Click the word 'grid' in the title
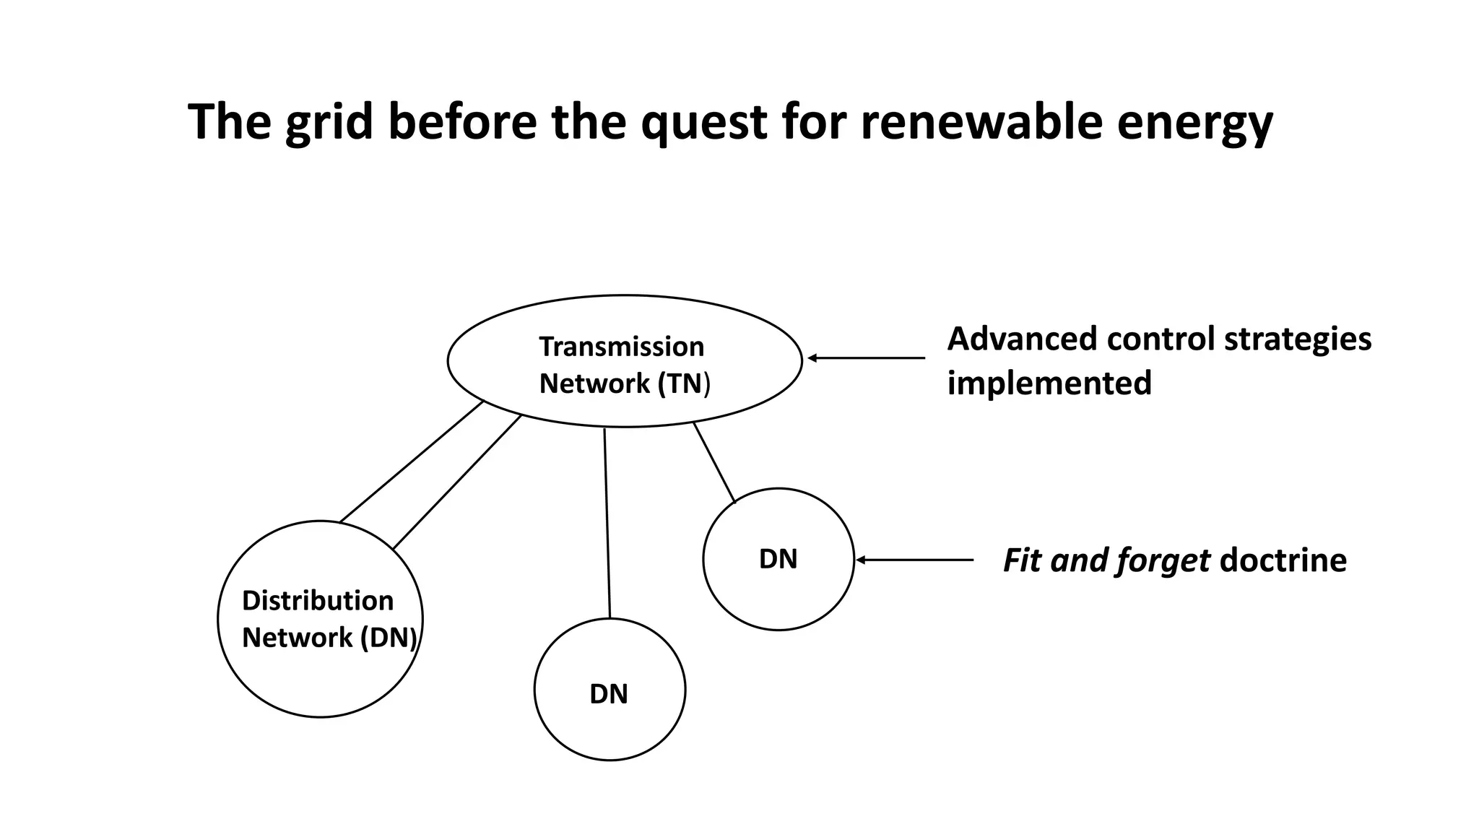coord(329,123)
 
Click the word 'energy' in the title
coord(1194,123)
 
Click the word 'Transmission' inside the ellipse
coord(621,347)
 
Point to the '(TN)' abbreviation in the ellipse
coord(683,383)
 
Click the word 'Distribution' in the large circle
coord(317,601)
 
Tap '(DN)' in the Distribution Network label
coord(389,638)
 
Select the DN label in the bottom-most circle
coord(609,694)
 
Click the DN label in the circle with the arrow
coord(778,559)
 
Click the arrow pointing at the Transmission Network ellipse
coord(866,357)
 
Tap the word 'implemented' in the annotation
coord(1049,383)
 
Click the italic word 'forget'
coord(1163,560)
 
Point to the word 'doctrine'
coord(1283,560)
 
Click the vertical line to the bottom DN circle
coord(607,523)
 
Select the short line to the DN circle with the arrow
coord(714,462)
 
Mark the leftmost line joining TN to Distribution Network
coord(411,461)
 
